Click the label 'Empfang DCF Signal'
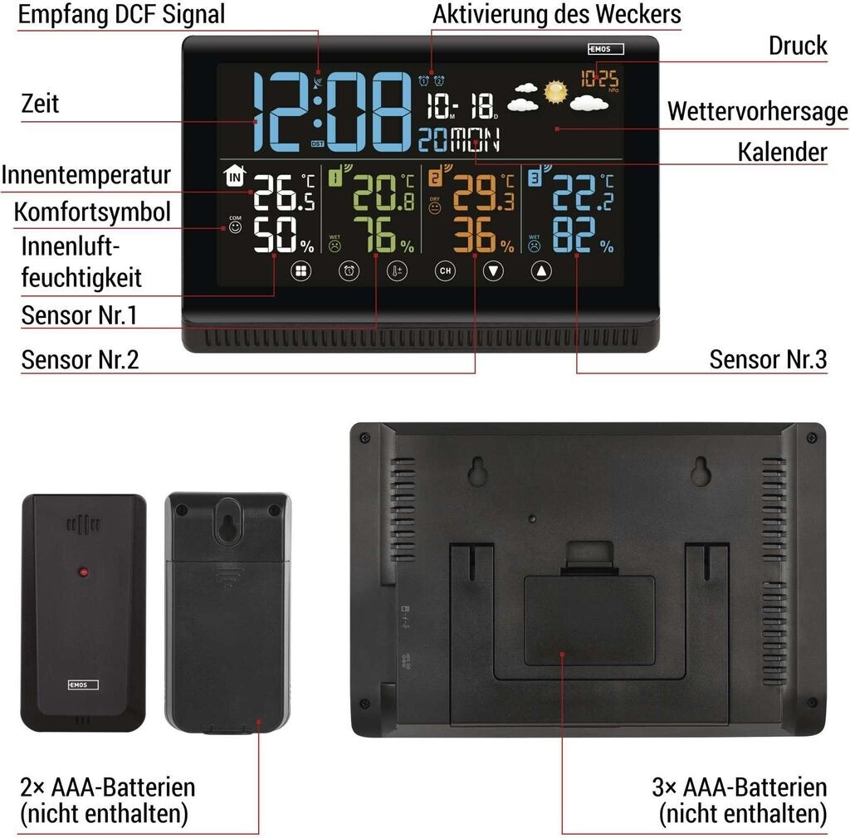(x=121, y=14)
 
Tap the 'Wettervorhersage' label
(x=757, y=111)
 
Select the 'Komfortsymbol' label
(x=92, y=212)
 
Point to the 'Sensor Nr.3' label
(x=768, y=359)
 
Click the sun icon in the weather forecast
(x=555, y=90)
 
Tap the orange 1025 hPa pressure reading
(x=599, y=80)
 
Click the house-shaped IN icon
(x=236, y=176)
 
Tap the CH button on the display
(x=446, y=270)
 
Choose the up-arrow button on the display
(x=542, y=270)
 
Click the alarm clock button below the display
(x=349, y=270)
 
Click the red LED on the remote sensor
(x=82, y=572)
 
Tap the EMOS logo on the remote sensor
(x=83, y=685)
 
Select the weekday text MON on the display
(x=475, y=141)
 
